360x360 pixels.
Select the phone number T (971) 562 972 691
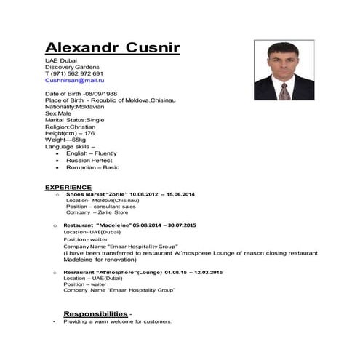(73, 73)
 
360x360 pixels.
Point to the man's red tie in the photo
(284, 92)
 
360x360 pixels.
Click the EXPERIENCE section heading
(68, 187)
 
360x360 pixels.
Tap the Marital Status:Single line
(75, 120)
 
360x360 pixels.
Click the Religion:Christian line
(71, 127)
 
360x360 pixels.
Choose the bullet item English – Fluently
(93, 153)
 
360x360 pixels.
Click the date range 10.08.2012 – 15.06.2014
(162, 195)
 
